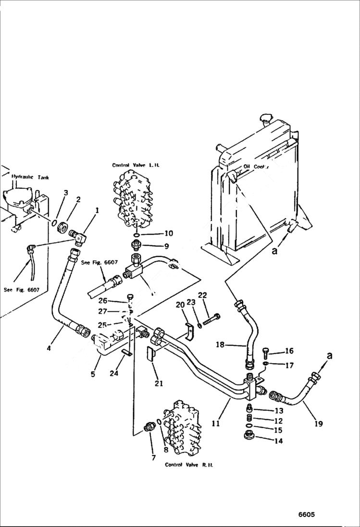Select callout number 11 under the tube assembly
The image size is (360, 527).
(x=216, y=423)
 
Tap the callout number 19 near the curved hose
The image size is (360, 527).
(x=319, y=423)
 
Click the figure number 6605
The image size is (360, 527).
(x=306, y=514)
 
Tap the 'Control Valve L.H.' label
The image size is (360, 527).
(x=136, y=165)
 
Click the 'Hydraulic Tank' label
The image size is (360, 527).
(x=30, y=177)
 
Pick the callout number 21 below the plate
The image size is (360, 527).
(x=159, y=383)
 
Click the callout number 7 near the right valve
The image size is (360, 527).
(x=153, y=457)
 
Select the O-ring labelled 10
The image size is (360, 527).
(x=137, y=235)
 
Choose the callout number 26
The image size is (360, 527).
(x=116, y=301)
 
